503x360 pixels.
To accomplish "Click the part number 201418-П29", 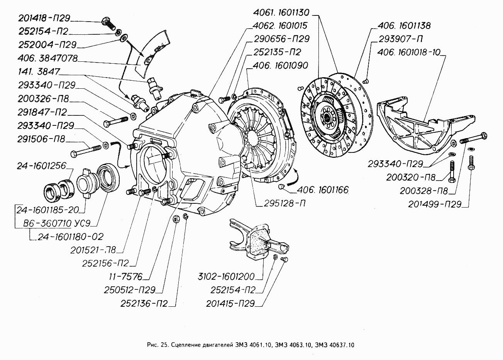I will (x=44, y=18).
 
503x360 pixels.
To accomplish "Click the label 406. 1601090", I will (x=280, y=66).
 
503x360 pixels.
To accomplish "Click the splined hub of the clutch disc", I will (x=328, y=116).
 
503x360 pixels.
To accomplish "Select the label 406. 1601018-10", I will (x=409, y=52).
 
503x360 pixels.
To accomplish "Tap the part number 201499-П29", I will (x=435, y=204).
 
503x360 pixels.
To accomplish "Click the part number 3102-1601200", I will (x=226, y=276).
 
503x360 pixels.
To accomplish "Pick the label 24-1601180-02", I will (x=70, y=237).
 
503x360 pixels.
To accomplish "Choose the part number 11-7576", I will (x=125, y=277).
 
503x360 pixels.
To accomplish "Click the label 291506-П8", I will (x=41, y=139).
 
